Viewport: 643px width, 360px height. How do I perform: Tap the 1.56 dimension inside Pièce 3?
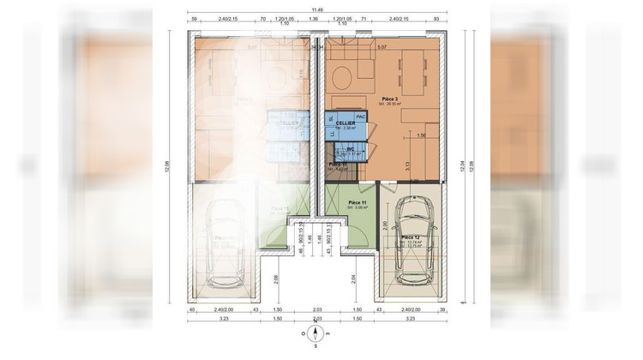(421, 135)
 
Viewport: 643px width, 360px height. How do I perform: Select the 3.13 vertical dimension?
(407, 163)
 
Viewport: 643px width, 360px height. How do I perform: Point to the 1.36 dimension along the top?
(314, 17)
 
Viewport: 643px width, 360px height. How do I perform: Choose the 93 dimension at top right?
(436, 17)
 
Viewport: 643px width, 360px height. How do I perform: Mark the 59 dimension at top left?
(195, 17)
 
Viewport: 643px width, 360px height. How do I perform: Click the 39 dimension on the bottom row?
(442, 309)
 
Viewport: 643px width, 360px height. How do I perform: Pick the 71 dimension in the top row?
(364, 17)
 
